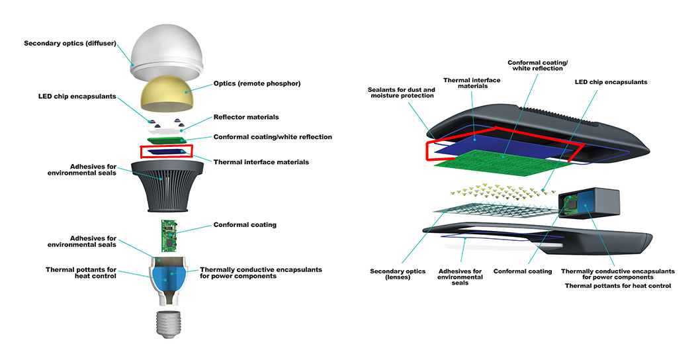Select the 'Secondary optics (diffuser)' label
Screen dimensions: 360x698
(70, 44)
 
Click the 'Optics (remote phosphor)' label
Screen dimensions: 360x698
(257, 83)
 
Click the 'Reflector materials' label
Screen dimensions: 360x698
(245, 117)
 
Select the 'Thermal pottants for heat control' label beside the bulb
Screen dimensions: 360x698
(81, 273)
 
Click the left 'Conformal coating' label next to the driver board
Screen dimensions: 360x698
(245, 225)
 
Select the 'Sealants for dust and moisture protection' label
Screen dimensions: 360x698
(401, 93)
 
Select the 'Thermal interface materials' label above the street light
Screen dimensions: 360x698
(472, 84)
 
